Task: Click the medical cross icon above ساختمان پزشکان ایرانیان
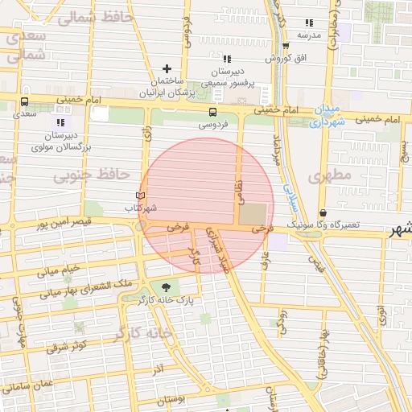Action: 167,68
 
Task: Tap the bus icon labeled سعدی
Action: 24,102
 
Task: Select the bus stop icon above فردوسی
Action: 212,113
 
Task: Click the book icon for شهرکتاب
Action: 140,196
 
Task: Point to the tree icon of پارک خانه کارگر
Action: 167,286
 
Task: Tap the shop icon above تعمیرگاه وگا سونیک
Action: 323,212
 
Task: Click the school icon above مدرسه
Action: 309,23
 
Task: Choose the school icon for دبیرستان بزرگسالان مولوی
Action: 61,122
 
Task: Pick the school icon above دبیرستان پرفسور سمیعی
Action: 226,59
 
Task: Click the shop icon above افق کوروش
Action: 284,47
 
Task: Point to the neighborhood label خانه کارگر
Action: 143,332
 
